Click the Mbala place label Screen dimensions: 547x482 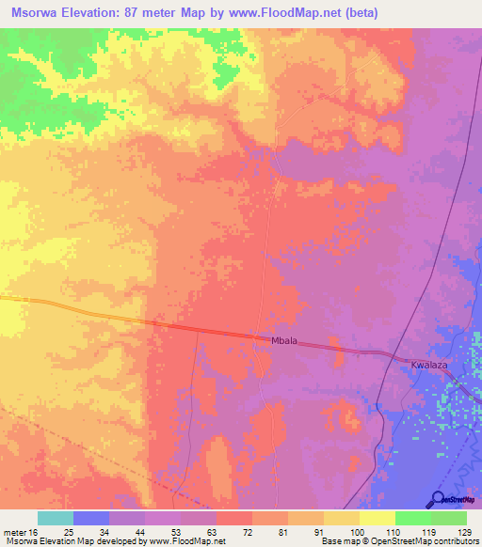[x=283, y=344]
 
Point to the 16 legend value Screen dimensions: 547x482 [x=34, y=531]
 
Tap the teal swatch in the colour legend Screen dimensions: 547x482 [x=56, y=518]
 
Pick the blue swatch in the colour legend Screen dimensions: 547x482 [x=91, y=518]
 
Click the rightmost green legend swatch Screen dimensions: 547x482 [x=449, y=518]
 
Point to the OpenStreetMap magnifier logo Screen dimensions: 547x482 [x=438, y=499]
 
